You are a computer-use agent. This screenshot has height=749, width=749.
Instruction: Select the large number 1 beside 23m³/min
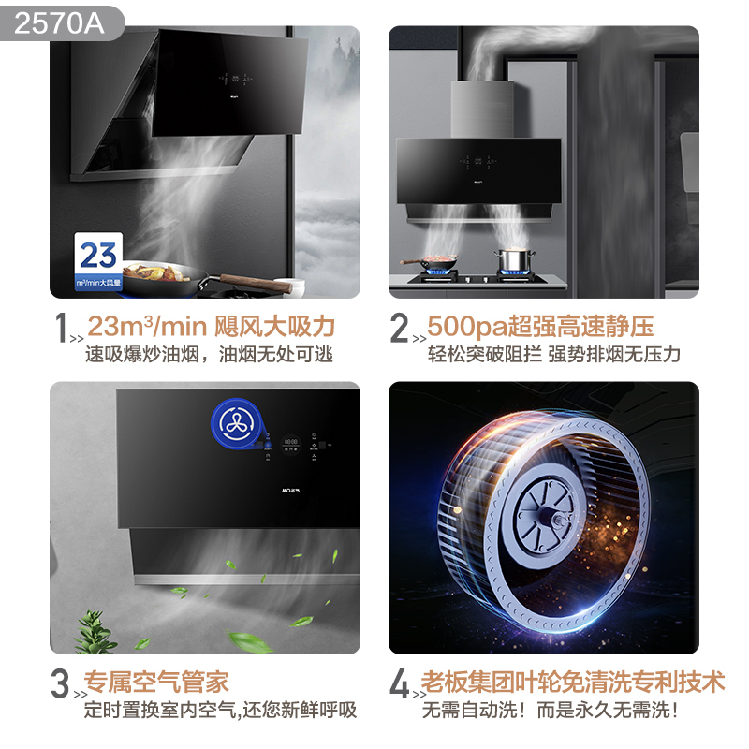point(62,328)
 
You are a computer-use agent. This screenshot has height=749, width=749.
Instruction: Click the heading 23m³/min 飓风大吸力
point(211,327)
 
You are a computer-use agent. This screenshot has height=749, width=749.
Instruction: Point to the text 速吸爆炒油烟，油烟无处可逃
point(209,355)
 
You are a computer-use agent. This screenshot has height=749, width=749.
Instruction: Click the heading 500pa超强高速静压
point(540,327)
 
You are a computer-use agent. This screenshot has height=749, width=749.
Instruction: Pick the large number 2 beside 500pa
point(401,328)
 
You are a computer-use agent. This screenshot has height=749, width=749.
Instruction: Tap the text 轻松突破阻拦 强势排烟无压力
point(553,355)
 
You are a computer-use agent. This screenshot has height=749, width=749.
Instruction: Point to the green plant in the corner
point(95,631)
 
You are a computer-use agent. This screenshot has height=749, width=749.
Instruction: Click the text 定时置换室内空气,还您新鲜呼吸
point(220,710)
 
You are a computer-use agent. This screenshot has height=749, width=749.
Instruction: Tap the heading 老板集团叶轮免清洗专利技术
point(573,682)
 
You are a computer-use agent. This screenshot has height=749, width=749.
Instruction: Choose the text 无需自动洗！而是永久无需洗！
point(551,710)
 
